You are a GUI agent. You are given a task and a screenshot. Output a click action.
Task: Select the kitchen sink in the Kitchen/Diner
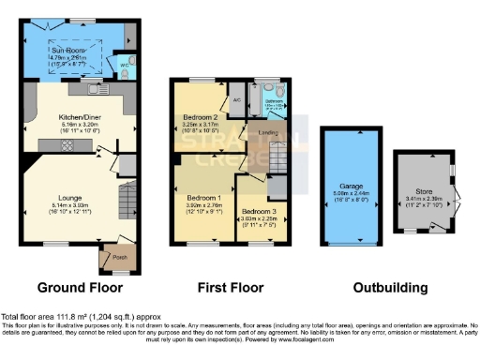click(x=97, y=90)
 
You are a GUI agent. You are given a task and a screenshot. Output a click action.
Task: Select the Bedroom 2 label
click(x=200, y=116)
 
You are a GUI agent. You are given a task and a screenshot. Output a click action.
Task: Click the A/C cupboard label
click(x=235, y=98)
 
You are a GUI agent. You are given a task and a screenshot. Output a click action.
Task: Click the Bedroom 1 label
click(x=203, y=198)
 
